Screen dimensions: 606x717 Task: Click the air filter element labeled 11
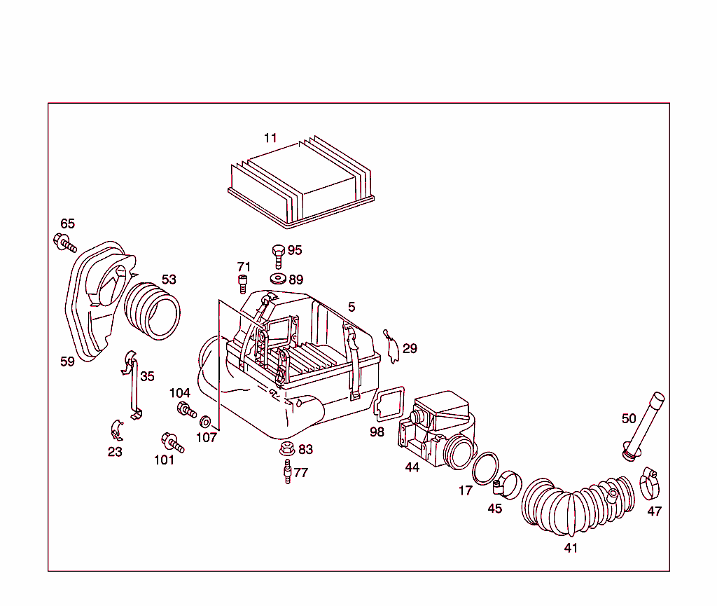(x=301, y=184)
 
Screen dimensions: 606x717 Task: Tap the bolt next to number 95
(x=278, y=254)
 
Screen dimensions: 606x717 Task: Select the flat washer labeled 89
(x=278, y=279)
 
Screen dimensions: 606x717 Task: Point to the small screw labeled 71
(x=243, y=284)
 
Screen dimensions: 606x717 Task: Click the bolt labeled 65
(x=64, y=243)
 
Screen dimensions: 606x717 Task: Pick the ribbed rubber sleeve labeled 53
(x=152, y=309)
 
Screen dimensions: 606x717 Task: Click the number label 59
(x=67, y=361)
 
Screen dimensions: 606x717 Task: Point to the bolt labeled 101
(x=172, y=441)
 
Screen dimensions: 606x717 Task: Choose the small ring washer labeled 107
(x=206, y=422)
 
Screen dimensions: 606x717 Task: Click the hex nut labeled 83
(x=286, y=449)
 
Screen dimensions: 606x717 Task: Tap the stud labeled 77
(x=286, y=471)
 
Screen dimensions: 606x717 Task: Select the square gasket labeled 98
(x=389, y=406)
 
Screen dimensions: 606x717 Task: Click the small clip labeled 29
(x=392, y=347)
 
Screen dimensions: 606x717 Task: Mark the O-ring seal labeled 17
(x=485, y=468)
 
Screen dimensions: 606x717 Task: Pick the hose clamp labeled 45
(x=509, y=483)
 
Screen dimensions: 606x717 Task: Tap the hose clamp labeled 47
(x=651, y=481)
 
